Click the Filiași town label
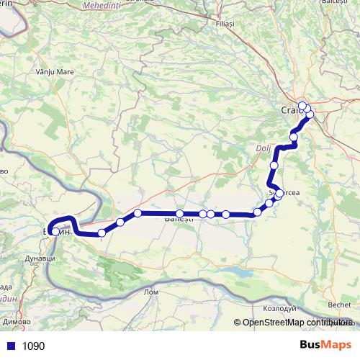[x=225, y=24]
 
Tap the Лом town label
[x=151, y=292]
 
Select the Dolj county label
[x=262, y=150]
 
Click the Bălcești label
[x=335, y=3]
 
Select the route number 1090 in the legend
[x=33, y=346]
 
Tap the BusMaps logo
[x=325, y=345]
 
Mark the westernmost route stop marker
[x=55, y=231]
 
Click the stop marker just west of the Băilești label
[x=138, y=213]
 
